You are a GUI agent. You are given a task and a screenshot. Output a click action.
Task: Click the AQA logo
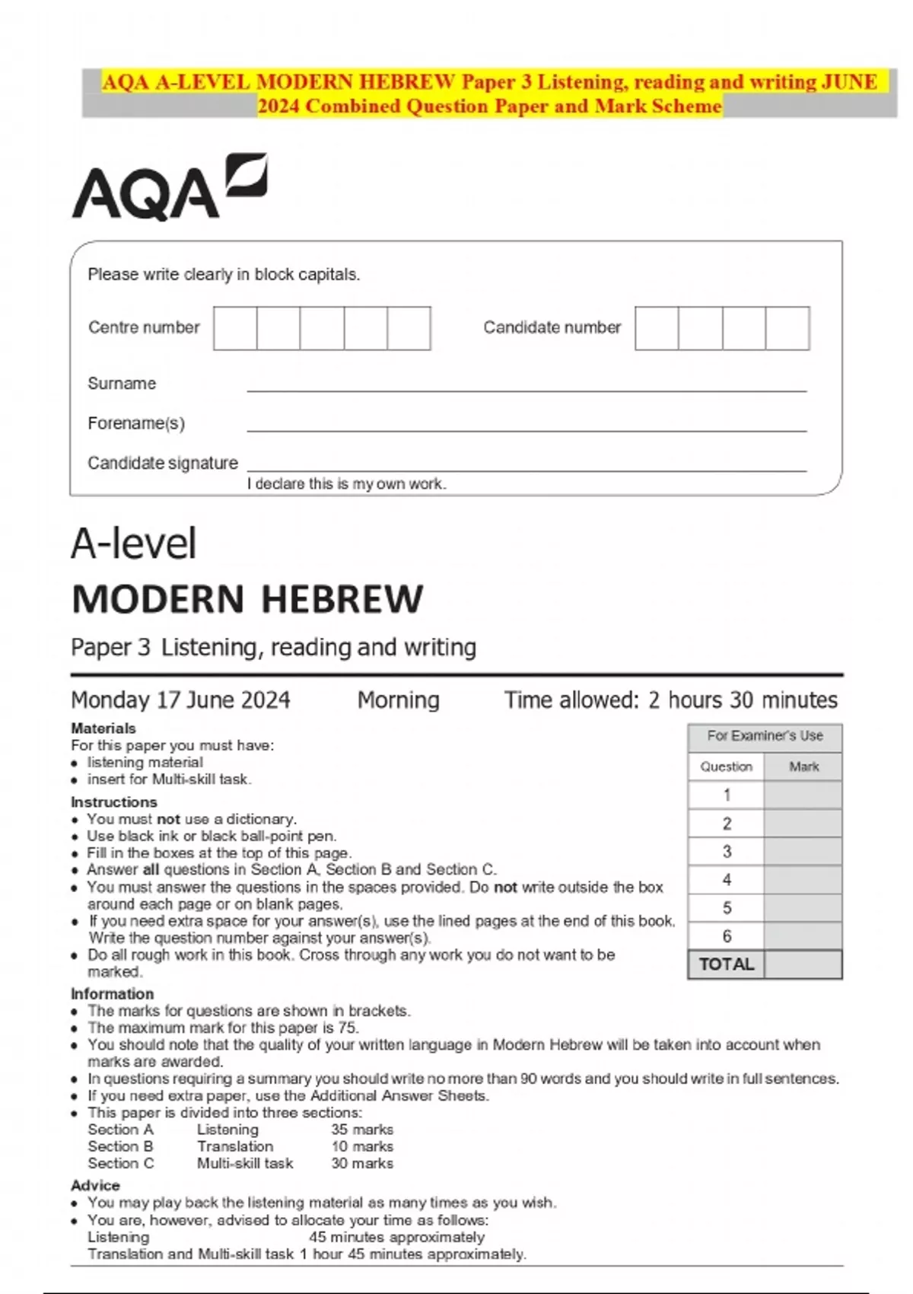(x=169, y=187)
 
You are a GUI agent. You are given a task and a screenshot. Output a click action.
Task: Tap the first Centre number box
(x=235, y=328)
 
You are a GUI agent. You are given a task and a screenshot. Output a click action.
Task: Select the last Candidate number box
(x=787, y=328)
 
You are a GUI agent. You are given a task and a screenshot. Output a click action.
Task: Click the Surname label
(x=122, y=384)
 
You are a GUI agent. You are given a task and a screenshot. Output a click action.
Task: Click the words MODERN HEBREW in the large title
(x=247, y=599)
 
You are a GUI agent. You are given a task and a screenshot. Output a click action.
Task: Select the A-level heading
(x=134, y=543)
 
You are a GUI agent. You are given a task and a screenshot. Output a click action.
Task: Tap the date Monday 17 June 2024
(x=180, y=700)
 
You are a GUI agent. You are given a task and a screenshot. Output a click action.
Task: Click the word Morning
(x=399, y=700)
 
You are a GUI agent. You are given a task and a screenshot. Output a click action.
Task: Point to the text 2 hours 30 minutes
(x=743, y=700)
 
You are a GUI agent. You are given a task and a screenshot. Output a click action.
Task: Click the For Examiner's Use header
(x=765, y=736)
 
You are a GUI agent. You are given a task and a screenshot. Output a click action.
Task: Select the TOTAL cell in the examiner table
(x=727, y=964)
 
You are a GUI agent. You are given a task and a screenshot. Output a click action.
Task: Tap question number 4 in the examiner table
(x=727, y=880)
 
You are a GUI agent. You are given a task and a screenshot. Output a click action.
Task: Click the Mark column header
(x=803, y=767)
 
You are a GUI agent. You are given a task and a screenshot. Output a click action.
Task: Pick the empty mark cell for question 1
(x=803, y=795)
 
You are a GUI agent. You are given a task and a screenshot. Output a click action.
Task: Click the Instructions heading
(x=114, y=802)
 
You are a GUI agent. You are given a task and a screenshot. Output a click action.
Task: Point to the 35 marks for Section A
(x=362, y=1130)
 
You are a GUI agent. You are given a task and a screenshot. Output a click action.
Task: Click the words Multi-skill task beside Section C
(x=245, y=1163)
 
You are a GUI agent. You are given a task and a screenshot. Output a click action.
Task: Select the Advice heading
(x=95, y=1185)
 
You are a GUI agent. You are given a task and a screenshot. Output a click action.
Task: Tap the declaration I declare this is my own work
(x=347, y=484)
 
